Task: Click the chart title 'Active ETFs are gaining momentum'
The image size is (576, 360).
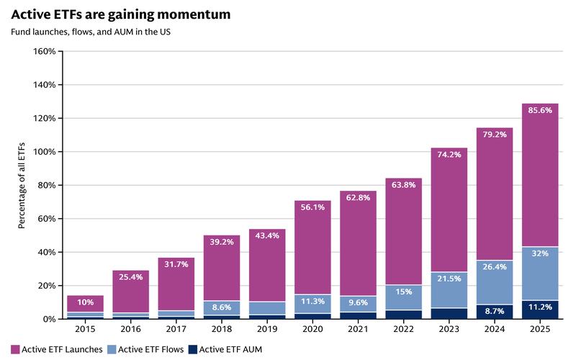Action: pos(121,14)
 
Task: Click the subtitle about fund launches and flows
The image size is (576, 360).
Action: pos(91,32)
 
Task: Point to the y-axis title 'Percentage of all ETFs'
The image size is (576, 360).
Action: pos(22,186)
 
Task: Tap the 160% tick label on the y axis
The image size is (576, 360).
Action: pos(45,51)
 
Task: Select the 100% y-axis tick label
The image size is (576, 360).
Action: pos(45,152)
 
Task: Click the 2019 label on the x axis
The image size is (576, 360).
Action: pos(267,329)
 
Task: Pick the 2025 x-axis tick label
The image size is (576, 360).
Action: pos(540,329)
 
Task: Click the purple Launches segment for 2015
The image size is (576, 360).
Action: pos(85,304)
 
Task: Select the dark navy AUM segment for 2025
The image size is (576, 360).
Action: pos(540,310)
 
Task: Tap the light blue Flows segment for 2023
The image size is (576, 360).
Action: pos(449,290)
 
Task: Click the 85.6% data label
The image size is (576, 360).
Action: pos(540,110)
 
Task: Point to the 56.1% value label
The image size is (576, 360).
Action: pos(312,207)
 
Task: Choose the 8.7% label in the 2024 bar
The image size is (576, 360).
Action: pos(495,311)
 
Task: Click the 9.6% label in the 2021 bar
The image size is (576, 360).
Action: pos(358,302)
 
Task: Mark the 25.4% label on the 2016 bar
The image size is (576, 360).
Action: pos(131,277)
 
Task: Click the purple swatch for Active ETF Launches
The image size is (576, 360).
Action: pos(15,349)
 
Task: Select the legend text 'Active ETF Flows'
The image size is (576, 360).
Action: pos(150,349)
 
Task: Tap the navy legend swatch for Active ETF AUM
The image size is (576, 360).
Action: pos(193,349)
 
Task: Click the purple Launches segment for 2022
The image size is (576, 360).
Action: pos(404,231)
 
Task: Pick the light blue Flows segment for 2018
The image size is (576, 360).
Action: pos(222,308)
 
